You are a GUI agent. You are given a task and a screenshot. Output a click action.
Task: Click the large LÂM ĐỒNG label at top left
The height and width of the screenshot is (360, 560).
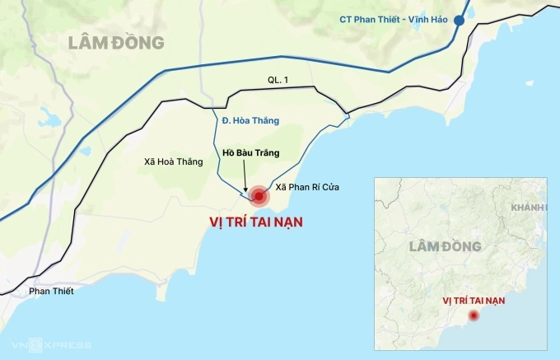tap(117, 42)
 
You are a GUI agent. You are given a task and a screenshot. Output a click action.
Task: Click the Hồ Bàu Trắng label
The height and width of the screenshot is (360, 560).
tap(251, 153)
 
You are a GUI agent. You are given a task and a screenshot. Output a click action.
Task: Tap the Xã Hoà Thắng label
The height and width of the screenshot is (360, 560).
tap(172, 161)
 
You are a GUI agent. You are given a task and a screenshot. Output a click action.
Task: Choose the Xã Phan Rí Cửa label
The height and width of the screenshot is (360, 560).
tap(307, 188)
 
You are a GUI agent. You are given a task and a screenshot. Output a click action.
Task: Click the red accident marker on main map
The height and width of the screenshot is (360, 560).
tap(259, 196)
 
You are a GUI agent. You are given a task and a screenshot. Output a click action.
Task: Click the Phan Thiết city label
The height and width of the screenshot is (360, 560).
tap(51, 291)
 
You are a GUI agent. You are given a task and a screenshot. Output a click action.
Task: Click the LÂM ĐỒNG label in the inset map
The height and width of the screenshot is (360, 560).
tap(445, 246)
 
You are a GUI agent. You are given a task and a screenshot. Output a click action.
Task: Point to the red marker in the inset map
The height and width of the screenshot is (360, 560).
tap(474, 316)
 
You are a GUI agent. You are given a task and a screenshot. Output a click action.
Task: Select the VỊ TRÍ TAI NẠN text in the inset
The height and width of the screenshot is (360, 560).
tap(474, 300)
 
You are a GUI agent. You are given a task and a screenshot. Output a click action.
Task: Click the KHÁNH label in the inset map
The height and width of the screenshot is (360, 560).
tap(528, 207)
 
